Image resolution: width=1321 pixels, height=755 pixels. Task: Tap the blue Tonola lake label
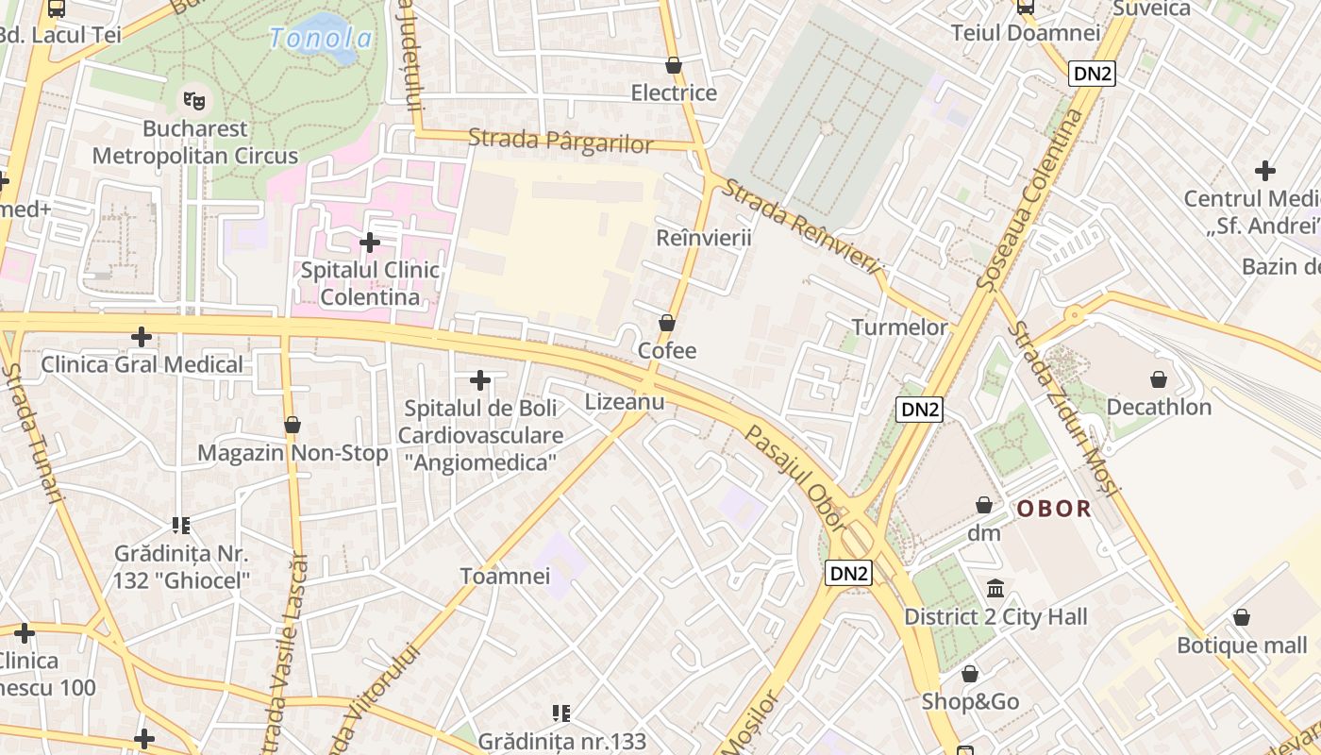[320, 39]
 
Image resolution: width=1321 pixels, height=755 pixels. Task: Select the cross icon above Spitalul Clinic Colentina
[370, 243]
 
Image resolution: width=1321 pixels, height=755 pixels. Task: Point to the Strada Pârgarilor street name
[560, 142]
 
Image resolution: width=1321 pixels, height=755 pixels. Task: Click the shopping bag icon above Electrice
[674, 65]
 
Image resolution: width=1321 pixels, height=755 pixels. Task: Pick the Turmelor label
[899, 327]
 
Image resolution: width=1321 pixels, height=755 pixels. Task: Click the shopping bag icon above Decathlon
[1159, 379]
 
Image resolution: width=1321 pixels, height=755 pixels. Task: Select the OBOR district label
[1054, 509]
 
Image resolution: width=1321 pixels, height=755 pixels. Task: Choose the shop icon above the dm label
[984, 505]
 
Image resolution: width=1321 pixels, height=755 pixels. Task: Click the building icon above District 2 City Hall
[995, 589]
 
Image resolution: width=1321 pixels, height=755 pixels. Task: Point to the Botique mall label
[1242, 646]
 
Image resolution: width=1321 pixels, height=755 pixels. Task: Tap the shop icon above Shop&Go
[970, 674]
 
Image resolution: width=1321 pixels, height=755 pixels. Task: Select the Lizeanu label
[625, 401]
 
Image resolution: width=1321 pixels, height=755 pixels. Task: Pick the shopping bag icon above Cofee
[667, 323]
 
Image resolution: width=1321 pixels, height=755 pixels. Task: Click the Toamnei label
[505, 576]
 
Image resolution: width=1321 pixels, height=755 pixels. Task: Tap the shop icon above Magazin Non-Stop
[293, 425]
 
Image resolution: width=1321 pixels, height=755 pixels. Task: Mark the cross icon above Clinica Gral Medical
[142, 336]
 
